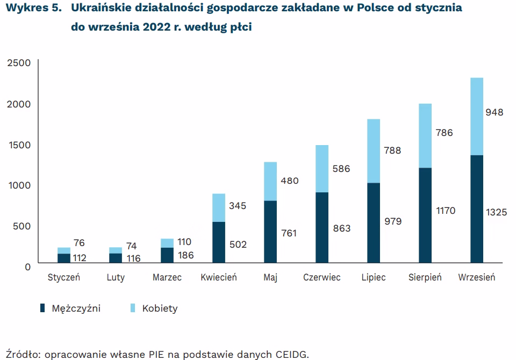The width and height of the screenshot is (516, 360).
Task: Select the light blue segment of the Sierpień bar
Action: click(425, 135)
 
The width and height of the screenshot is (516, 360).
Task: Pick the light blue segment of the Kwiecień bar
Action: click(219, 207)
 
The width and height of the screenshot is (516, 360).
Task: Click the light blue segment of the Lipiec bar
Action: click(374, 150)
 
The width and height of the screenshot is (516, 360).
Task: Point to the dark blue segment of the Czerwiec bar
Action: click(322, 228)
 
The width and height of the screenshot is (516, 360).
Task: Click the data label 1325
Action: click(497, 213)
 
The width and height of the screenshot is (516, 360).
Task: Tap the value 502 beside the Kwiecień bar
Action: click(238, 244)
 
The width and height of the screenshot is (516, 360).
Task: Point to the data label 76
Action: click(79, 243)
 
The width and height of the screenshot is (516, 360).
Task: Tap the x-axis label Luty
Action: click(116, 278)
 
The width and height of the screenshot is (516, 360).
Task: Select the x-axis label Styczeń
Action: click(63, 278)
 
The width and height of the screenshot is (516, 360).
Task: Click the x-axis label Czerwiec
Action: click(321, 278)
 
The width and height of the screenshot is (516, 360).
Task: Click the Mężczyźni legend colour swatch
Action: click(42, 308)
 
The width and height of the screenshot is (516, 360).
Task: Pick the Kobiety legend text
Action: click(160, 308)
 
